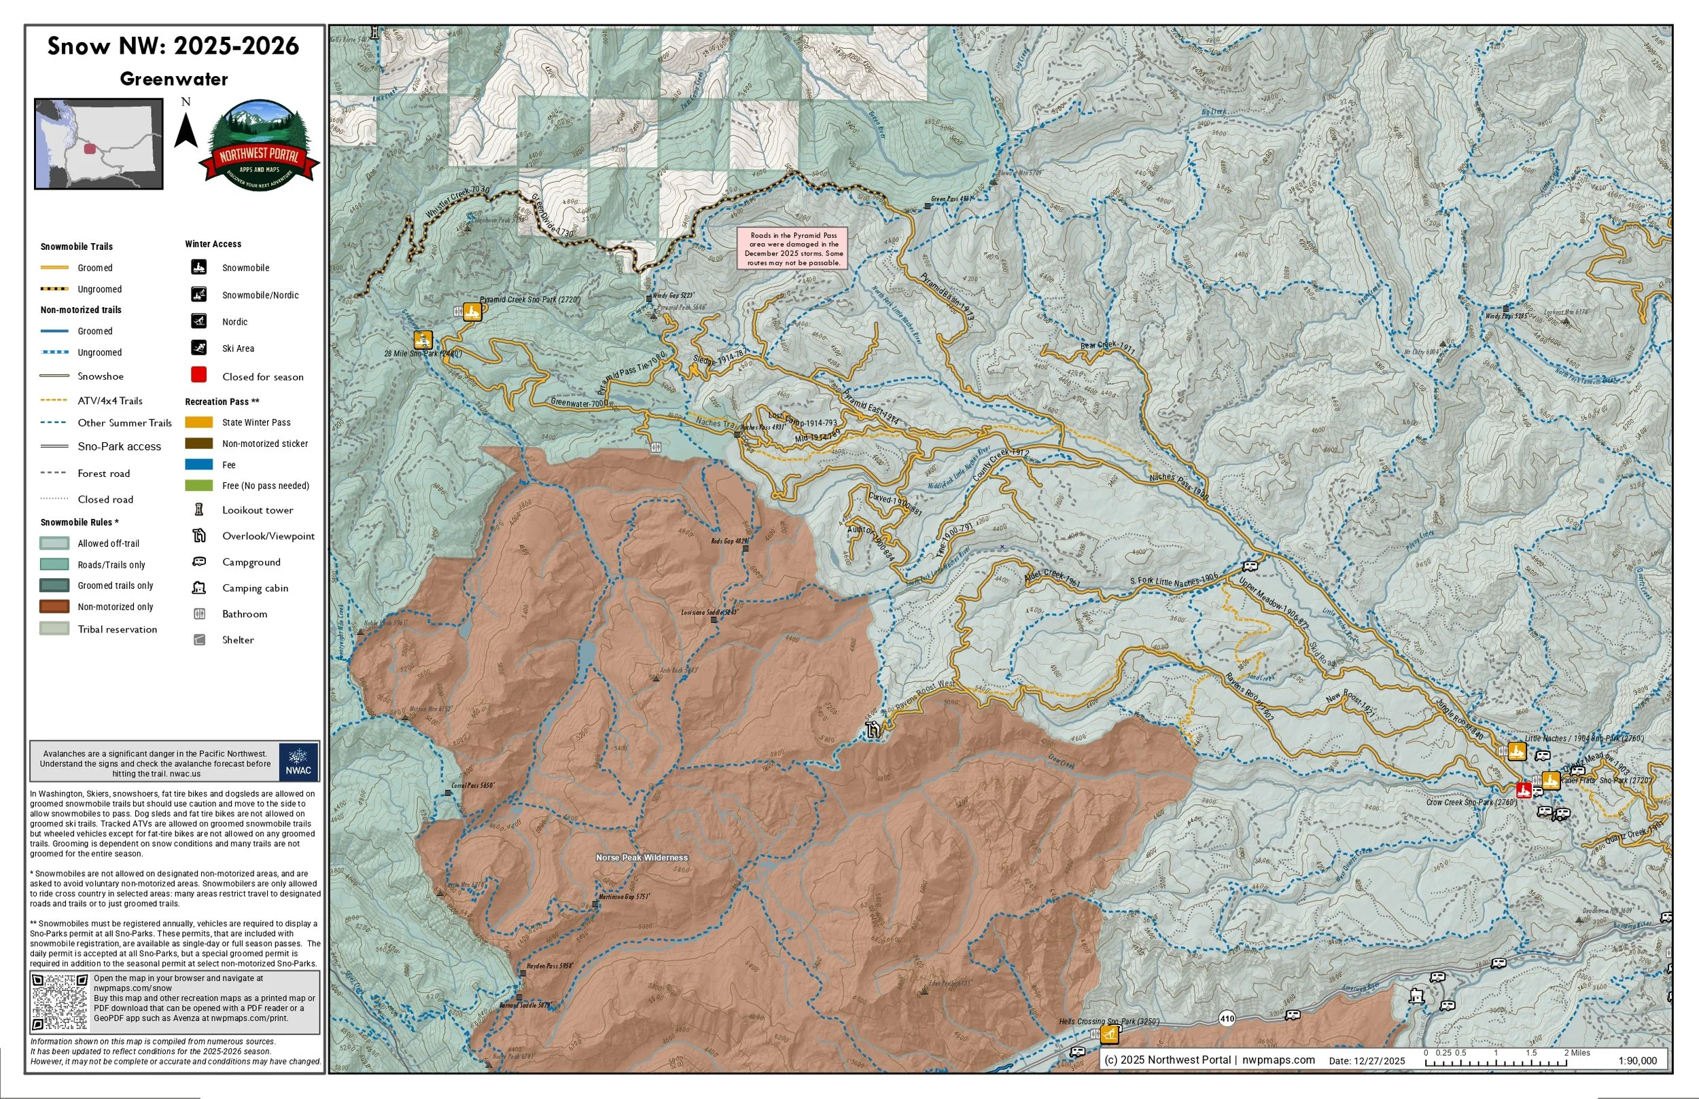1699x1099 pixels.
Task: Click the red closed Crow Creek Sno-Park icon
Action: click(1524, 790)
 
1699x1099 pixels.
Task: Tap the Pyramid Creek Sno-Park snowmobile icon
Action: click(472, 312)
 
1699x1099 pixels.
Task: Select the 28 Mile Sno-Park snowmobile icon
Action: click(423, 340)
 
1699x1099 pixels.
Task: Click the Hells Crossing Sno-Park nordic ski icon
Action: click(1108, 1034)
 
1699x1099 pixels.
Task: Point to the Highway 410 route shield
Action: click(1227, 1018)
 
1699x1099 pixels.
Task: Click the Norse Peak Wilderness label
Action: click(642, 858)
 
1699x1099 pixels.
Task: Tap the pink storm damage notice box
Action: click(792, 249)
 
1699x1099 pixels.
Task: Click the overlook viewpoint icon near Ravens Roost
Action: click(873, 729)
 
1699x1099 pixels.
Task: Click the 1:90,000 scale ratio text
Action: click(1637, 1060)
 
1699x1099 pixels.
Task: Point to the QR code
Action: click(60, 1002)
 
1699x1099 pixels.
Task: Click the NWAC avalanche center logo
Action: click(298, 761)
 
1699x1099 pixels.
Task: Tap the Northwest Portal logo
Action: click(259, 146)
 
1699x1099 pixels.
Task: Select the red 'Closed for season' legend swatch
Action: click(199, 375)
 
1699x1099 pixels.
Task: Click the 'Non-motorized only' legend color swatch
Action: click(54, 607)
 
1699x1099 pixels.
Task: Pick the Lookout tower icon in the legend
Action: click(199, 509)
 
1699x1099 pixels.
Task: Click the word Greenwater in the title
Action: click(173, 79)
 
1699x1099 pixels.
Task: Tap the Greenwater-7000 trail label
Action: click(579, 403)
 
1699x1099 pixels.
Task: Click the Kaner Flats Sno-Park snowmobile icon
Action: click(1549, 780)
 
